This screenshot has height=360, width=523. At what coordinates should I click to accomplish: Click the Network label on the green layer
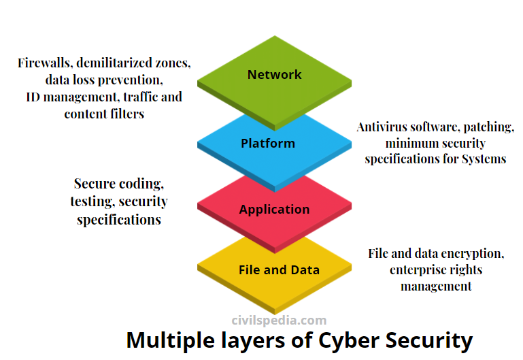point(274,75)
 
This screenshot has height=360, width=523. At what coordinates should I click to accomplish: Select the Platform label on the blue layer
point(268,144)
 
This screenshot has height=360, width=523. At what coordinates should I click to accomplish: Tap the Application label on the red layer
point(274,210)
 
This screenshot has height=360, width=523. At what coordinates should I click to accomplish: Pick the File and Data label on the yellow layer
point(279,270)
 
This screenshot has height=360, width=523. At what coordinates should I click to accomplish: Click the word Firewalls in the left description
point(45,63)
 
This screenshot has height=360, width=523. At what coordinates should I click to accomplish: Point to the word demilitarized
point(117,63)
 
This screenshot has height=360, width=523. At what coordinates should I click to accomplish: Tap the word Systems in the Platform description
point(484,159)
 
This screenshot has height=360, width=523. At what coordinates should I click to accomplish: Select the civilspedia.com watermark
point(279,320)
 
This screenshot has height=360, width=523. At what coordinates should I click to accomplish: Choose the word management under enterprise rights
point(436,287)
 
